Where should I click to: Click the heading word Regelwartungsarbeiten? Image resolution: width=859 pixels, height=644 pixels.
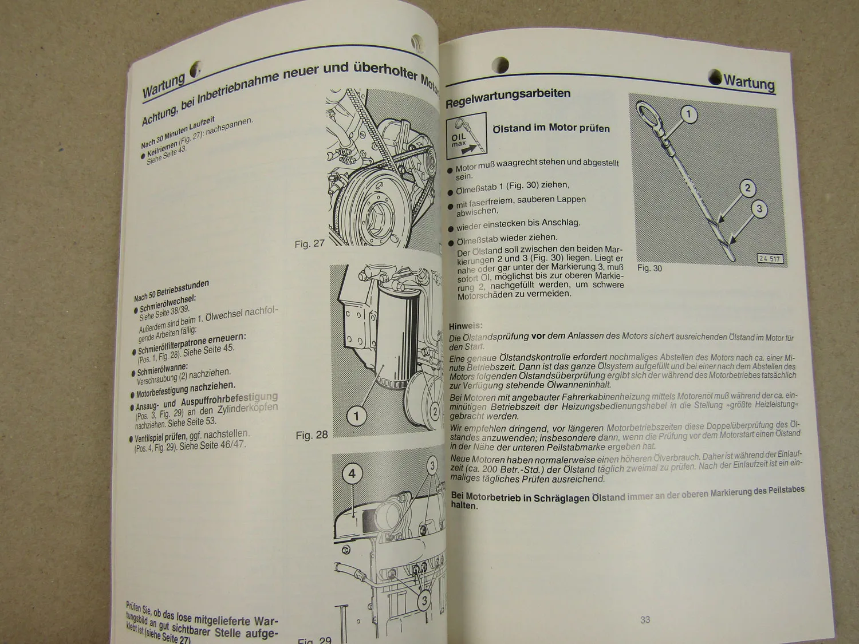coord(508,95)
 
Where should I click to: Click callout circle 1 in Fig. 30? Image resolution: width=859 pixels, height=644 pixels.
coord(688,114)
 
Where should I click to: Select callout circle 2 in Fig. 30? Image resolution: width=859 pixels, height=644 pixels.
coord(747,188)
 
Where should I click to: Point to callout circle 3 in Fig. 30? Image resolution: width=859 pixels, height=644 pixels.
coord(759,209)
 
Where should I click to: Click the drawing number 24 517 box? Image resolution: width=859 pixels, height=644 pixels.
coord(770,259)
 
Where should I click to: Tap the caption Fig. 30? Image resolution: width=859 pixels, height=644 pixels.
coord(649,268)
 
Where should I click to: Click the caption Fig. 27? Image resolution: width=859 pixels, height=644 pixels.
coord(309,244)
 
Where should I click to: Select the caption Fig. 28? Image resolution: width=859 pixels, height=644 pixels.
coord(312,435)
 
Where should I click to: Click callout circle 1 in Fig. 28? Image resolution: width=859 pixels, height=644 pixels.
coord(357,416)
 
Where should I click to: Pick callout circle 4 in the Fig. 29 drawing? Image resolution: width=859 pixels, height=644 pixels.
coord(352,473)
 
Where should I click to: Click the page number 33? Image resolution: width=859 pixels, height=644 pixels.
coord(645,619)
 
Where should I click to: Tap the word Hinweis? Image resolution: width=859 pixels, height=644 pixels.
coord(466,326)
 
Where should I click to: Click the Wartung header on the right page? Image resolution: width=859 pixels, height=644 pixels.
coord(748,82)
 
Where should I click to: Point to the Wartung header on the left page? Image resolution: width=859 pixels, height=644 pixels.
coord(164,86)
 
